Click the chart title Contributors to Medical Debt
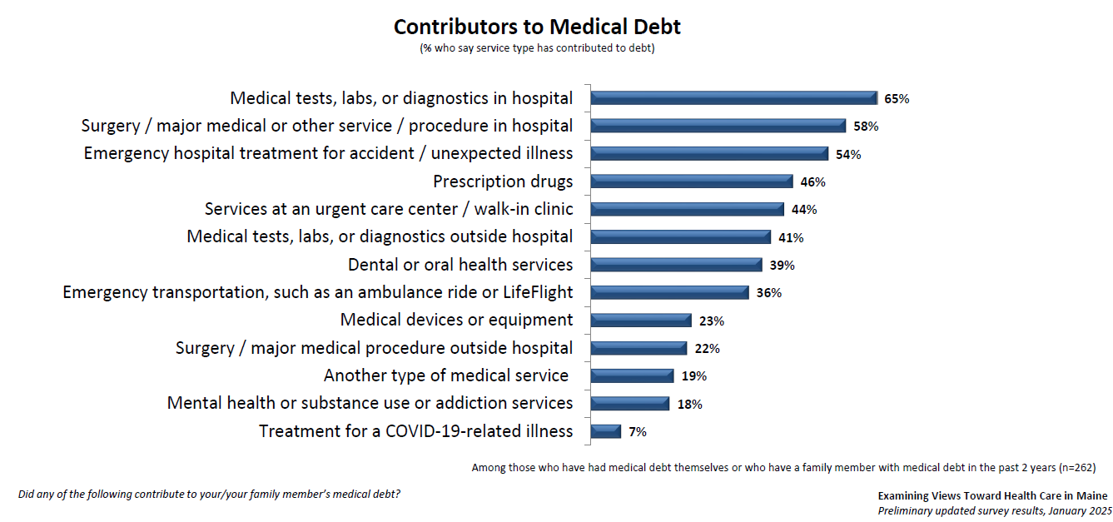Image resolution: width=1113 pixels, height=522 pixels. [537, 27]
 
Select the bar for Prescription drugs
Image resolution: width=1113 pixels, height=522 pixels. [691, 181]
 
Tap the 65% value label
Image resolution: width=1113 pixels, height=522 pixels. [897, 99]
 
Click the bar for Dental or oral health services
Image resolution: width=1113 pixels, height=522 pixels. [676, 265]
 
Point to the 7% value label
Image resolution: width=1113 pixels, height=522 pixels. [638, 432]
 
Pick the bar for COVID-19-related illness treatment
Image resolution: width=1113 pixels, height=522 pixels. [606, 431]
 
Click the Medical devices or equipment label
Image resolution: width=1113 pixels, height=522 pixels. [456, 320]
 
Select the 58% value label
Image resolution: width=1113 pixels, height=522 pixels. [866, 127]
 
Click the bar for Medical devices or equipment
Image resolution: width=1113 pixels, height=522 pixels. [641, 321]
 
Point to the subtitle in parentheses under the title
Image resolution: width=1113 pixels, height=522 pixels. [537, 48]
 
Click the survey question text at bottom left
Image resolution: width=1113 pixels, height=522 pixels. [209, 495]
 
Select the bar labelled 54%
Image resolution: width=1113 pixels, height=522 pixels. [709, 154]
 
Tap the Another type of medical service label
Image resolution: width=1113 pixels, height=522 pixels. [446, 375]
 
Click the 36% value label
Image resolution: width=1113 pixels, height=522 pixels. [768, 293]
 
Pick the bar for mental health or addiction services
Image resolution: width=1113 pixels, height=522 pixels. [629, 404]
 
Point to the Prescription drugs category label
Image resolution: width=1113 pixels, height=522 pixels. [503, 181]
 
